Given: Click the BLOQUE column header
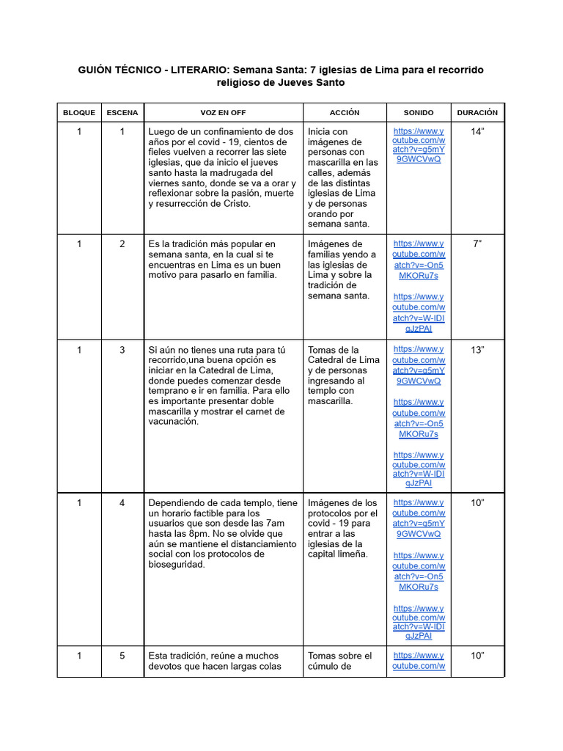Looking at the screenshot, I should pos(78,113).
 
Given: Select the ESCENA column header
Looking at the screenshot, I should pos(122,113).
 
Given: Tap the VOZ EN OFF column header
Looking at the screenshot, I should pos(224,113).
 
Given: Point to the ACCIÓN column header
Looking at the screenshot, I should pos(345,113).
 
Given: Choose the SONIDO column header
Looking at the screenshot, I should pos(419,113).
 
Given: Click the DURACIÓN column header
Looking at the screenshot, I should pos(477,113).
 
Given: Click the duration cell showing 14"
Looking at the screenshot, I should pos(477,132).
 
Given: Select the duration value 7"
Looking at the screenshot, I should pos(477,244).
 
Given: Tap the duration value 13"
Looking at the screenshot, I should pos(477,350).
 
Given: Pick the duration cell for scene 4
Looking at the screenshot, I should pos(477,503).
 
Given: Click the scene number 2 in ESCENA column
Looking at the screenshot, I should pos(122,244).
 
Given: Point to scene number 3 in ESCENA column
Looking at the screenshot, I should pos(122,350).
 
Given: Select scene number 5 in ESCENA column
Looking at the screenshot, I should pos(122,656).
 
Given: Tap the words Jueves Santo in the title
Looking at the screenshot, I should pos(311,83).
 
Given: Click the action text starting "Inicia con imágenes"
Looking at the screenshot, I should pos(343,177).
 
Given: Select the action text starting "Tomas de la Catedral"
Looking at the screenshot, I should pos(343,375).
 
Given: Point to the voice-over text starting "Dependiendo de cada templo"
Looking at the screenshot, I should pos(223,534).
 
